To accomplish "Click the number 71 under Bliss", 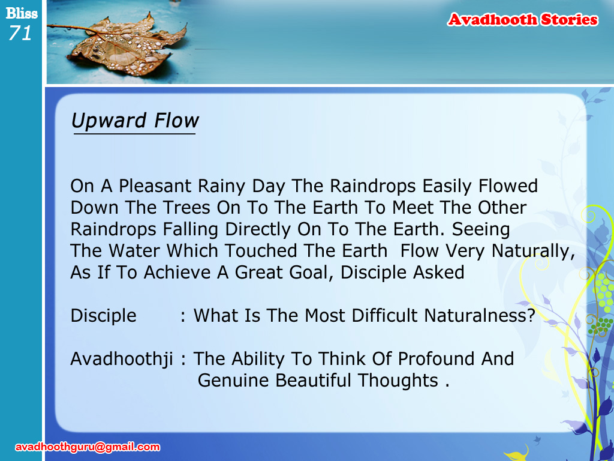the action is point(20,33).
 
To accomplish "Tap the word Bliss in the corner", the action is point(22,13).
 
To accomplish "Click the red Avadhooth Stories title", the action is point(523,20).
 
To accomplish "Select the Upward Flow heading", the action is point(135,120).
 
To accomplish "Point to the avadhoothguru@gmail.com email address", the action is point(88,447).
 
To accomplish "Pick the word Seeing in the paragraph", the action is point(481,230).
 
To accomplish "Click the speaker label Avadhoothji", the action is point(121,360).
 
